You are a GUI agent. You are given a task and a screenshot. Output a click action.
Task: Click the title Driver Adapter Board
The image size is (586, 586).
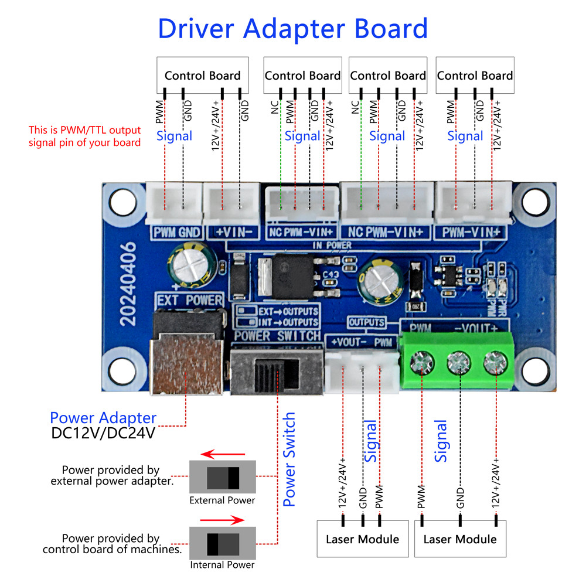(292, 28)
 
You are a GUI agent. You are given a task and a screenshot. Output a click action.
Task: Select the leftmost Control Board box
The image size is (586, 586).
(202, 74)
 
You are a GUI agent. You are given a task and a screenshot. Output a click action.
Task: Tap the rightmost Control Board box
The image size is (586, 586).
(475, 74)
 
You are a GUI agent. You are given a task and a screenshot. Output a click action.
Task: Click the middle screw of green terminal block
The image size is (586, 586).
(458, 363)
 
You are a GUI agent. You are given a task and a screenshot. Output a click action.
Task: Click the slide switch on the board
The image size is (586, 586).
(276, 373)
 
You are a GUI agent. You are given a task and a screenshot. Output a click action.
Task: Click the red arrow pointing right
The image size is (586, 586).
(222, 519)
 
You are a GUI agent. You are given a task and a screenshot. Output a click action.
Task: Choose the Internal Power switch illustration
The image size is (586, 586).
(223, 543)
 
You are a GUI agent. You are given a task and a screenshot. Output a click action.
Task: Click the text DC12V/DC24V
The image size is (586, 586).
(103, 434)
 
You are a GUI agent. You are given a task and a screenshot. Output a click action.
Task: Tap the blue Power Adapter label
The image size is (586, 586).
(103, 418)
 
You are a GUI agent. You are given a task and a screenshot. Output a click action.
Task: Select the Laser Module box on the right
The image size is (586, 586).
(459, 539)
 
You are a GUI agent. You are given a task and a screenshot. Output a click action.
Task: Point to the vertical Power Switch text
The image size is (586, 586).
(289, 459)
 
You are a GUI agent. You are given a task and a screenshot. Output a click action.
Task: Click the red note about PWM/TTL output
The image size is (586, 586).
(85, 136)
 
